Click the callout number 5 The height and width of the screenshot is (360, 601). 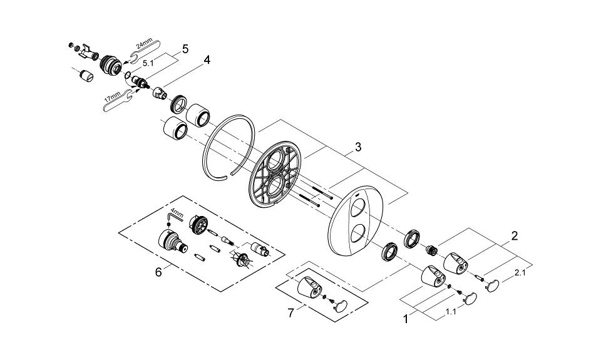tap(185, 49)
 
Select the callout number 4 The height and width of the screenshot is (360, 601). tap(207, 60)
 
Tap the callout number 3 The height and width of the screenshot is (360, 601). tap(357, 147)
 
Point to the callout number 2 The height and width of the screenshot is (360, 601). tap(515, 235)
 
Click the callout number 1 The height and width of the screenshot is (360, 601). tap(406, 319)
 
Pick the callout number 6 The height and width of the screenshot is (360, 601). tap(158, 272)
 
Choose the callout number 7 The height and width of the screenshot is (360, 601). tap(290, 313)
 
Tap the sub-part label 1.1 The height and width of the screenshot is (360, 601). tap(451, 312)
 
